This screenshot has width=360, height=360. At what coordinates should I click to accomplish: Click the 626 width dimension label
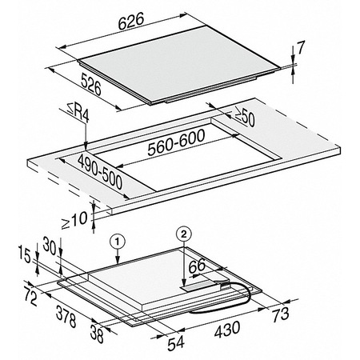coord(131,21)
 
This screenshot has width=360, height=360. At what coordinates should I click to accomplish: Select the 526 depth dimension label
coord(91,84)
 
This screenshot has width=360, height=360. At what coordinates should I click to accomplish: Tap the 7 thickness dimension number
coord(301,48)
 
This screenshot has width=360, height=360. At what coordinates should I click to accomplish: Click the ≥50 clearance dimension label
coord(245,117)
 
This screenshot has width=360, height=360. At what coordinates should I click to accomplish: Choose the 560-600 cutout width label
coord(176,142)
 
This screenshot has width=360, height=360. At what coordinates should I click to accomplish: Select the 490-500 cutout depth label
coord(100,172)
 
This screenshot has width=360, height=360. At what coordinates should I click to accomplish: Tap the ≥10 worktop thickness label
coord(74,220)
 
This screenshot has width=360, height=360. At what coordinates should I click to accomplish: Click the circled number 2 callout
coord(183,234)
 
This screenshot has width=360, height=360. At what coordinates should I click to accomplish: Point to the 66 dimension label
coord(197,266)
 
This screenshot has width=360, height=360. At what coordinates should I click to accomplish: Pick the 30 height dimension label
coord(50,246)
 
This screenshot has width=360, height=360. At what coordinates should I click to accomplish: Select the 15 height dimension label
coord(25,254)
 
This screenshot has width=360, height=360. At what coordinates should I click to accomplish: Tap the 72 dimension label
coord(30,296)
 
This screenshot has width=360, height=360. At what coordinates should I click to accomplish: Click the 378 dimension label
coord(66,316)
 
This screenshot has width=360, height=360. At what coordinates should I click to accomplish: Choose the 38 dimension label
coord(97,334)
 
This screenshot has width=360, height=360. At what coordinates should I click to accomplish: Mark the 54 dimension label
coord(176,343)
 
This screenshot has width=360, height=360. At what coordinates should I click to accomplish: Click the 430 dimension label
coord(227,330)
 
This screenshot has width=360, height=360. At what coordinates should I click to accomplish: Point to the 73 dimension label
coord(281,314)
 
